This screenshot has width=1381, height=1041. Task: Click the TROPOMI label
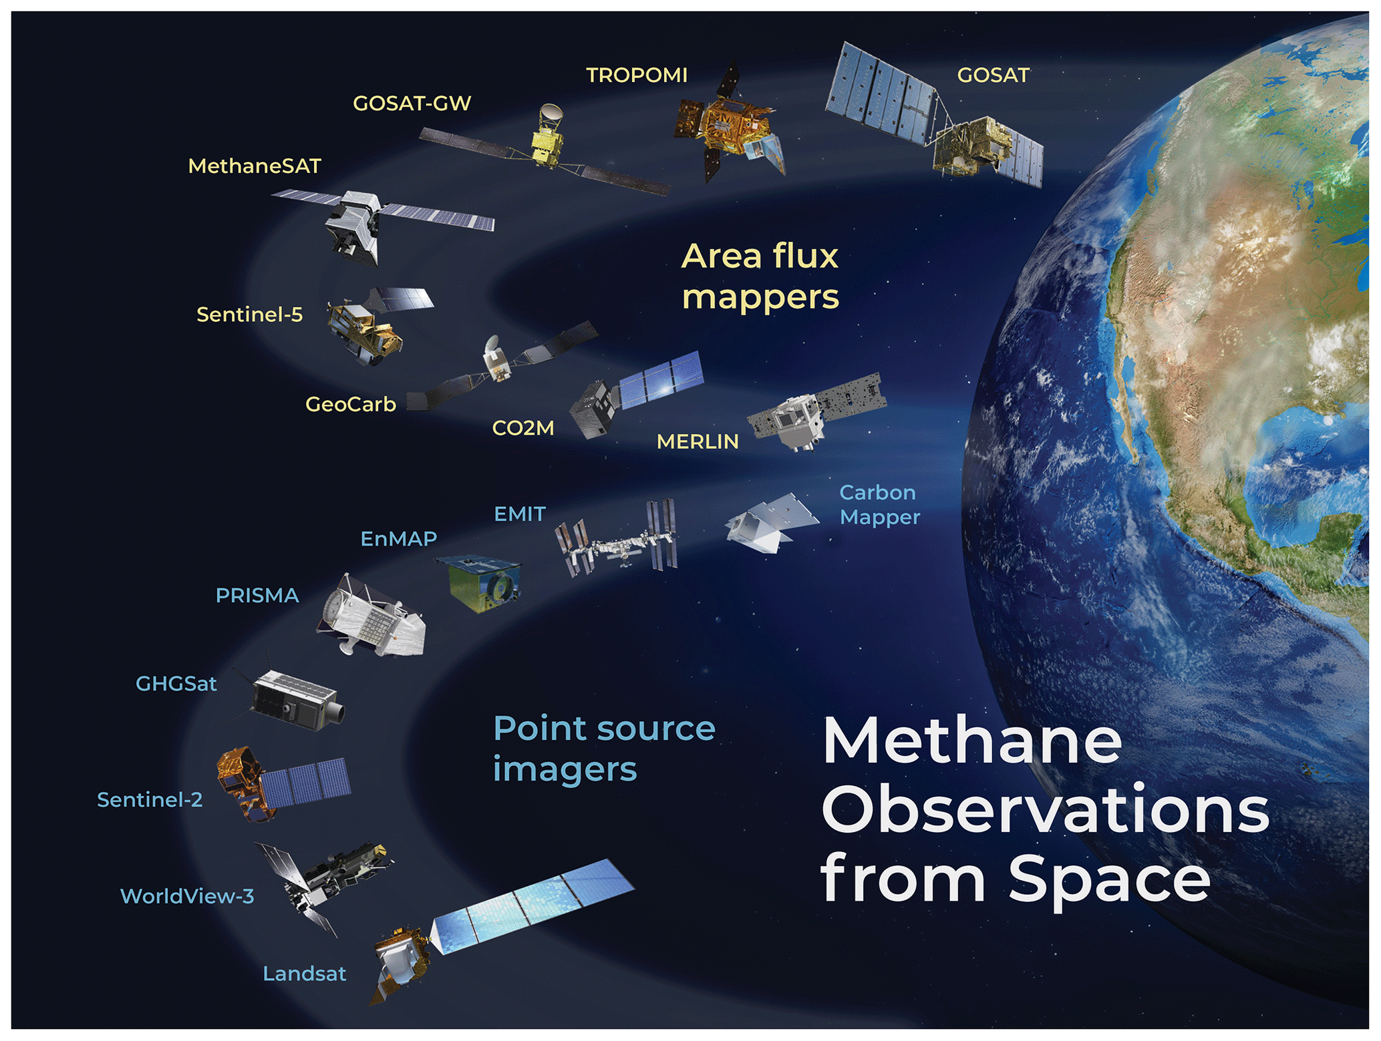[637, 75]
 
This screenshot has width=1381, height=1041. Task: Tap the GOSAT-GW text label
[412, 103]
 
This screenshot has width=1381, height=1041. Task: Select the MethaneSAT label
[255, 166]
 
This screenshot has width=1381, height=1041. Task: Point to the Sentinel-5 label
[249, 315]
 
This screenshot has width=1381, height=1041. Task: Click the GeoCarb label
[351, 405]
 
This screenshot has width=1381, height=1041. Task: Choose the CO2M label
[523, 428]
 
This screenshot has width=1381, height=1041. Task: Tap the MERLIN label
[698, 441]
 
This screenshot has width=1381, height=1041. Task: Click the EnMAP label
[399, 539]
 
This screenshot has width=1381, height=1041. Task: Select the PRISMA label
[257, 596]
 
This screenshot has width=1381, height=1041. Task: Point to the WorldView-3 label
[187, 896]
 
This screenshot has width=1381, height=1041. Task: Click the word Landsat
[305, 974]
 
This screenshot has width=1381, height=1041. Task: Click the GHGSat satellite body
[294, 700]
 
